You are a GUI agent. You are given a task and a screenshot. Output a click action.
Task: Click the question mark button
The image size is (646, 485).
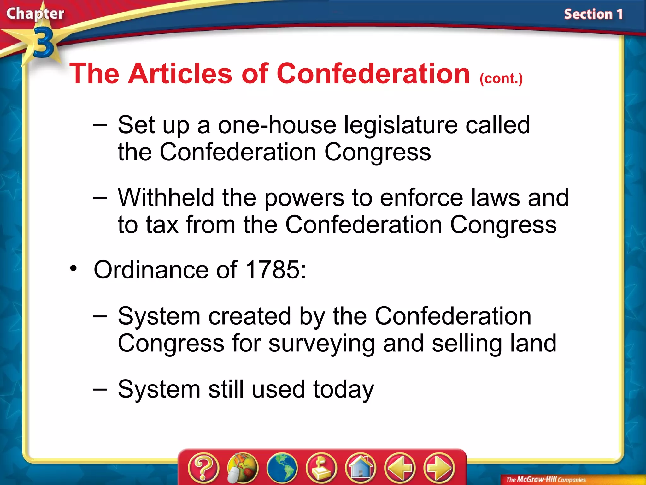click(203, 468)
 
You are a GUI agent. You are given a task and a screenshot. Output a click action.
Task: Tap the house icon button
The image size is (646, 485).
click(361, 468)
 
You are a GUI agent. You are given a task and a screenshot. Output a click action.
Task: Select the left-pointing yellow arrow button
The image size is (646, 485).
click(400, 468)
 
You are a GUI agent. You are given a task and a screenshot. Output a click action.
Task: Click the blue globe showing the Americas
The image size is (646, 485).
click(282, 468)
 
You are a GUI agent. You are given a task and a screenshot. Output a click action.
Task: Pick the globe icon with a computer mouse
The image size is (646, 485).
click(242, 468)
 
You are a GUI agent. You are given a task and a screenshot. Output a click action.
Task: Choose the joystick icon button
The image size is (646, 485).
click(321, 468)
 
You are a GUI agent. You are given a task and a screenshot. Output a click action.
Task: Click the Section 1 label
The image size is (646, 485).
click(593, 15)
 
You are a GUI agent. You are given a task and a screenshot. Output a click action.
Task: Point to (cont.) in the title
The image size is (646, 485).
click(501, 78)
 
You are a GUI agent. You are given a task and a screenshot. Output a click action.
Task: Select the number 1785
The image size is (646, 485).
click(272, 270)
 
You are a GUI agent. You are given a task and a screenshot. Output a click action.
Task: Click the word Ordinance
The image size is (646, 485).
click(151, 270)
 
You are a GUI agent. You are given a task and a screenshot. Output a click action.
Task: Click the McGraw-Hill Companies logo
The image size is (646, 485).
click(546, 480)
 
